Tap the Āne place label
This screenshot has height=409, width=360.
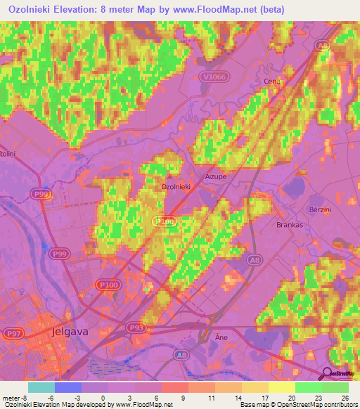219,337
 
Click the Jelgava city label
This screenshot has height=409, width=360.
74,330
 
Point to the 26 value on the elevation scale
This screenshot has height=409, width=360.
345,397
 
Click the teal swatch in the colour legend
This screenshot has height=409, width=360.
41,387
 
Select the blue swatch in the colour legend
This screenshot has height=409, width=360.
68,387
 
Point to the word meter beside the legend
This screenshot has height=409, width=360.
11,397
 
